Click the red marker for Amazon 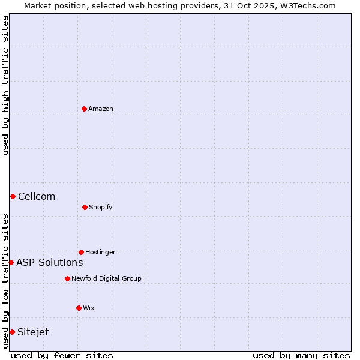point(85,109)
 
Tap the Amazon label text point(101,109)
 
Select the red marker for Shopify point(85,207)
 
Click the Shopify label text point(101,207)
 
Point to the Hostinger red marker point(81,252)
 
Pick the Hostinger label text point(100,252)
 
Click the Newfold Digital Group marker point(67,278)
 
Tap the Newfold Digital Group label point(106,278)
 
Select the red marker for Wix point(79,308)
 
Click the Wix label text point(89,308)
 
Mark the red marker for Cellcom point(13,196)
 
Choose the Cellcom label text point(37,196)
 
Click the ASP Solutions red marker point(11,262)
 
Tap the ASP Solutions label point(50,262)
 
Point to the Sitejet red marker point(12,332)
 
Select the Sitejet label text point(34,332)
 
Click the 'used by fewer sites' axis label point(62,355)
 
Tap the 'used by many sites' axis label point(301,355)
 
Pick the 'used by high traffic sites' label point(5,85)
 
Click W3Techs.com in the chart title point(306,5)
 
